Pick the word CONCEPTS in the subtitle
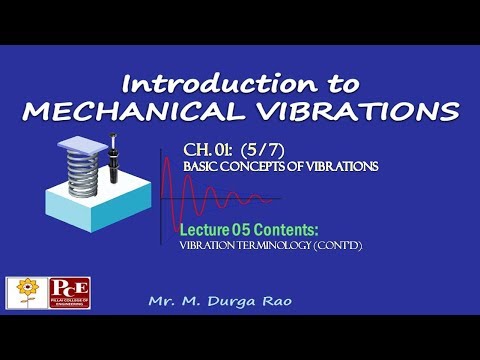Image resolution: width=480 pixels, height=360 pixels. coord(259,166)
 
